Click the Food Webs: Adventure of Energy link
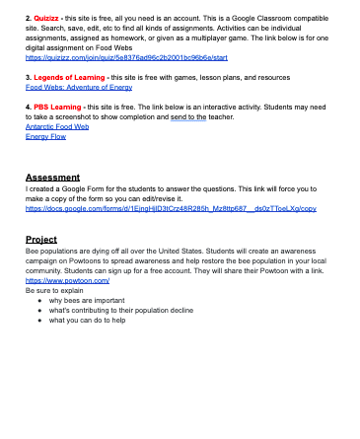click(79, 86)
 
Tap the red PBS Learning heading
click(58, 105)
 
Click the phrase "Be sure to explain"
click(53, 290)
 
